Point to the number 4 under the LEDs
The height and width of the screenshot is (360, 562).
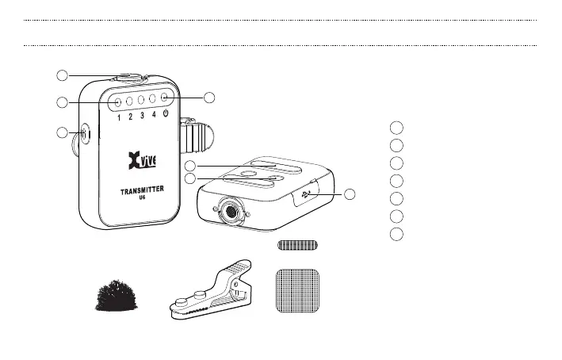[153, 117]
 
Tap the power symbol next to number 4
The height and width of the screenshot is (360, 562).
[165, 117]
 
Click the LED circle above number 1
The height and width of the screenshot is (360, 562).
[117, 101]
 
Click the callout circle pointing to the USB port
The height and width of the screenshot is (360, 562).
[350, 194]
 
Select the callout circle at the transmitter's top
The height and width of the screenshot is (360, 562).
[61, 75]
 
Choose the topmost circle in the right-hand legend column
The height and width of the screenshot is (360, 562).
[398, 128]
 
